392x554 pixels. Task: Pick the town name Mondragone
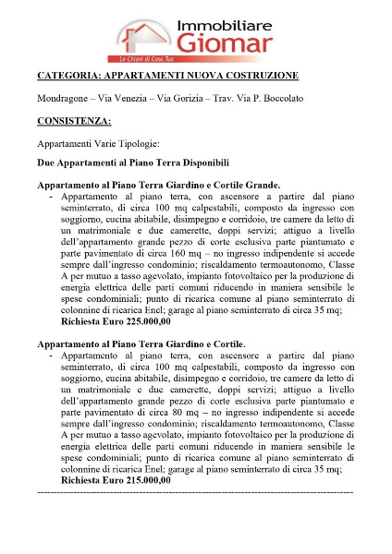[x=64, y=98]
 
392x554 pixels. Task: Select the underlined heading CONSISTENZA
[x=74, y=121]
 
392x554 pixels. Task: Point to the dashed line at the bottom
[x=195, y=493]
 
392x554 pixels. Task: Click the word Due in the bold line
[x=46, y=162]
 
